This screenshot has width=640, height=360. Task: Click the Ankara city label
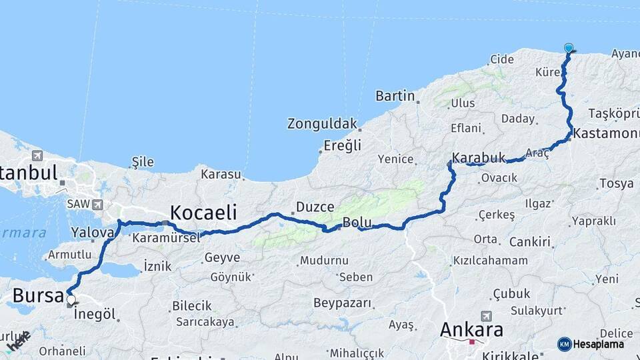point(471,330)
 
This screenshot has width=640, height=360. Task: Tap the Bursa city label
point(38,295)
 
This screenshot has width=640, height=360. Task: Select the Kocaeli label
point(203,213)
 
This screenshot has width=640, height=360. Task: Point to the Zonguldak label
point(322,124)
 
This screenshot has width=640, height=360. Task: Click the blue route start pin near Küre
point(569,48)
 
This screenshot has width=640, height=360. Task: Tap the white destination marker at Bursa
point(70,300)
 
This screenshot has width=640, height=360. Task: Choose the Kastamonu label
point(606,133)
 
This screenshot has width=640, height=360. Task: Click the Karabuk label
point(479,159)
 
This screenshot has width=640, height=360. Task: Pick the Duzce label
point(315,207)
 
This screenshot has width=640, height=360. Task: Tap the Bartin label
point(395,96)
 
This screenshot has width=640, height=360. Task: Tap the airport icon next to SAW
point(99,205)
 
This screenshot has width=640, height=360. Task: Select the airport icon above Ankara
point(486,315)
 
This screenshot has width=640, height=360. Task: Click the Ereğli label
point(342,145)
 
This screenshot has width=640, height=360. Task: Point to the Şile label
point(143,162)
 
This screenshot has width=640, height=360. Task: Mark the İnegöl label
point(95,313)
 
